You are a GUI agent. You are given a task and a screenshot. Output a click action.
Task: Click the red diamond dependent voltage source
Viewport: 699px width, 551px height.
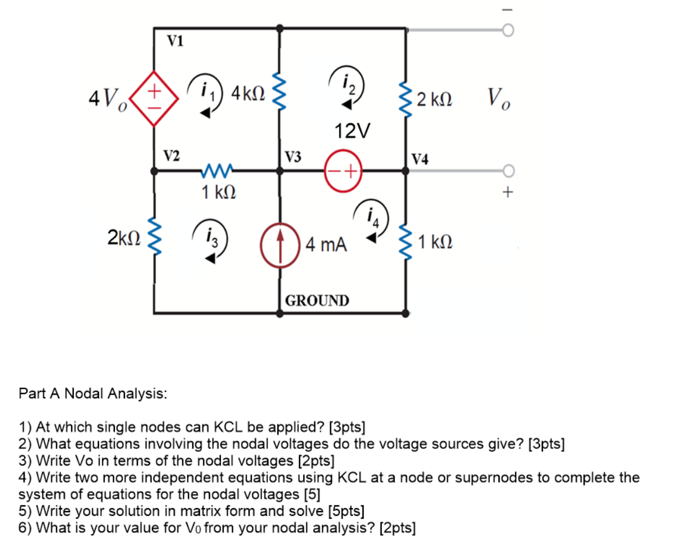154,100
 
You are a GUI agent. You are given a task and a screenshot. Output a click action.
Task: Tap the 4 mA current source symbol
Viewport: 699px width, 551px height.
281,243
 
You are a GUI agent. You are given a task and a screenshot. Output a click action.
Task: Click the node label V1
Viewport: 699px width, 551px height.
175,40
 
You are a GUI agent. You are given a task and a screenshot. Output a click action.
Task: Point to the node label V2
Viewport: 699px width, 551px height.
171,155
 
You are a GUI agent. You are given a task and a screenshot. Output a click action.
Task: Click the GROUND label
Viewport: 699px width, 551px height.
317,301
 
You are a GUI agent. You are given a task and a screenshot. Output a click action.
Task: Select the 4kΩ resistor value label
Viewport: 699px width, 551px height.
249,93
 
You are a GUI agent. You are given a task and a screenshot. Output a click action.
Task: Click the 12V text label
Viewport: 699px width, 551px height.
352,131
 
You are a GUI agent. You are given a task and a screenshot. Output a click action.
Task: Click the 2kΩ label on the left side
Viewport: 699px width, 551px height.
124,238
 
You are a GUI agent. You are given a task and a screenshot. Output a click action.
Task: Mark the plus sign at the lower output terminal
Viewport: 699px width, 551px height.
508,191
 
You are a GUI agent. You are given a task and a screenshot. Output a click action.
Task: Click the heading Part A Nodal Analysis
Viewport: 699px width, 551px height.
93,393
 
